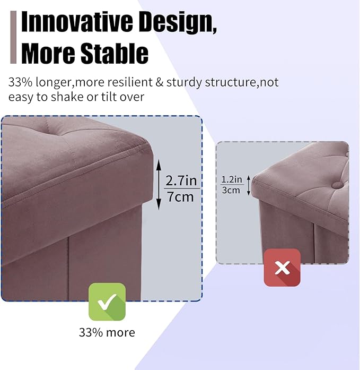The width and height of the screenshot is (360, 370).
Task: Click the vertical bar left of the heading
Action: click(13, 37)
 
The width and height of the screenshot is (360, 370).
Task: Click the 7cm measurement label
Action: click(181, 196)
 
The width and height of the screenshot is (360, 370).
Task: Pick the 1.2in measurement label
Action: click(232, 179)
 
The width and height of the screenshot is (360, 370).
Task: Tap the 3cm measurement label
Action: click(232, 190)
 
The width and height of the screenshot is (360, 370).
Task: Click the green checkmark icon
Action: click(107, 302)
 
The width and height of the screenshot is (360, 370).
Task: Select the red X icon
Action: click(282, 268)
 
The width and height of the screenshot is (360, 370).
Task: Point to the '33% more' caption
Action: click(107, 333)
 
